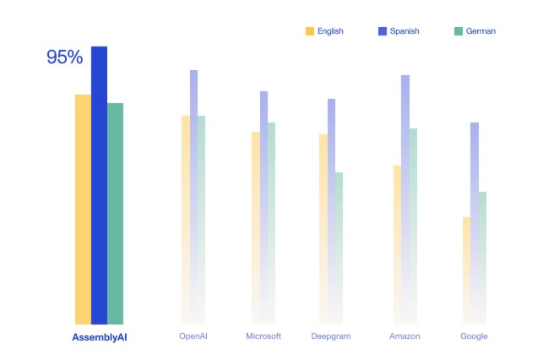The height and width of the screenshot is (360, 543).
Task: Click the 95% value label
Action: pos(64,57)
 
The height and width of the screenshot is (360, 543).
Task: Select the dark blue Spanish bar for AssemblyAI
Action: pos(99,186)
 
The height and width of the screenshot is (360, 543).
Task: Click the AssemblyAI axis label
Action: pos(99,337)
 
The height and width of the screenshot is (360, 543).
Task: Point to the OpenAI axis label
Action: pos(193,336)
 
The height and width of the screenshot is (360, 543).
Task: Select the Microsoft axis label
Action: pos(263,336)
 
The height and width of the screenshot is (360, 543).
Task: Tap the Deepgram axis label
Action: pos(330,336)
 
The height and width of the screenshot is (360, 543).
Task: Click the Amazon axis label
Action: pos(405,336)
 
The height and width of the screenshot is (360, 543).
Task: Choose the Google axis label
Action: pos(474,336)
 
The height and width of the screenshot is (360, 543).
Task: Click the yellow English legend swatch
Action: pos(310,31)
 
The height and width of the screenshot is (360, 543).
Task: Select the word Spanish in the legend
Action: pos(404,31)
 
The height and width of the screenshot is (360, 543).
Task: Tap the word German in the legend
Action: pos(481,31)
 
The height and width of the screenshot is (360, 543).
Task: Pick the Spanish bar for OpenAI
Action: pos(193,169)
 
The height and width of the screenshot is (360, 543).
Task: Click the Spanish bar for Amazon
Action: pos(405,169)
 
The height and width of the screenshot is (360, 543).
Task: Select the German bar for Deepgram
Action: pos(339,237)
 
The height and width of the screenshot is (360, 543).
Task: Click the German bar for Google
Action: pos(482,245)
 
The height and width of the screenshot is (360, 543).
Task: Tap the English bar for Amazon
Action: pos(397,228)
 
